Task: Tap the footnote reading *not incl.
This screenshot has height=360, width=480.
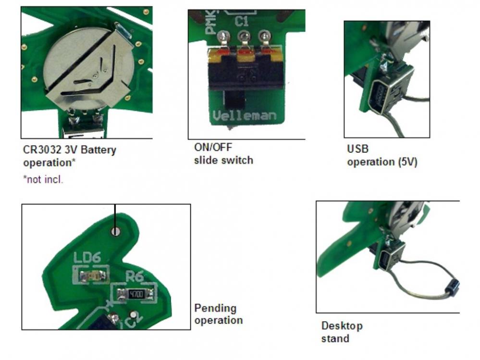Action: (x=43, y=180)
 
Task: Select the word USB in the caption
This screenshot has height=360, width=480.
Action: (x=357, y=149)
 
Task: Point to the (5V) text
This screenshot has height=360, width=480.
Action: (x=407, y=162)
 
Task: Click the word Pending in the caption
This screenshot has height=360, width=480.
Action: (x=215, y=308)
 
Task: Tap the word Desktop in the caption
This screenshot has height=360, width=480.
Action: (x=342, y=326)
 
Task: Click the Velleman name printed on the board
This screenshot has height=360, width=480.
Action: (x=244, y=116)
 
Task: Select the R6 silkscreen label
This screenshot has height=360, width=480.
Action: (x=135, y=276)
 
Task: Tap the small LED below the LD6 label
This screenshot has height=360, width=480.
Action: (x=90, y=275)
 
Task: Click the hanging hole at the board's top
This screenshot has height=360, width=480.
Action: (x=115, y=232)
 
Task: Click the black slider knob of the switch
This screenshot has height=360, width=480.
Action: (x=235, y=101)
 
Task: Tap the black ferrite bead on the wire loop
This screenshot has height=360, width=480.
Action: (x=452, y=287)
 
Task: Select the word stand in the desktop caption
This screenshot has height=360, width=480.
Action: (x=335, y=338)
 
